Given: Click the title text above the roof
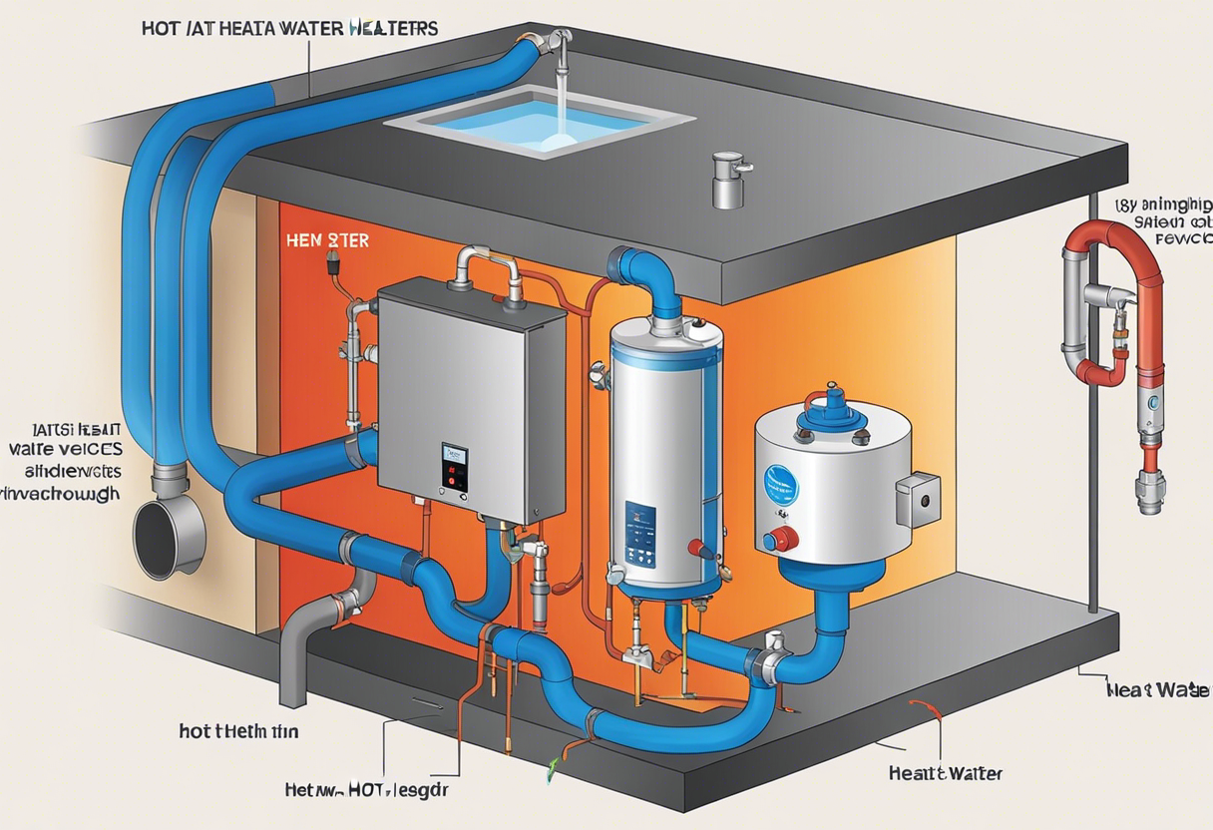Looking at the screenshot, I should click(289, 29).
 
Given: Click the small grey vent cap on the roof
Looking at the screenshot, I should click(728, 180).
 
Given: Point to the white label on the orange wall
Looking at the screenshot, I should click(327, 240).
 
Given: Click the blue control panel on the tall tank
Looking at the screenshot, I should click(640, 528).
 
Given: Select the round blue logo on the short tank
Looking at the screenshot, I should click(780, 483).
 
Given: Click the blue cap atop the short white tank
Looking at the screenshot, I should click(831, 404).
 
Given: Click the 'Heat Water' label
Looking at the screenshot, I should click(944, 773).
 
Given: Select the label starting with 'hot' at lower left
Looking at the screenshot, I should click(238, 731).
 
